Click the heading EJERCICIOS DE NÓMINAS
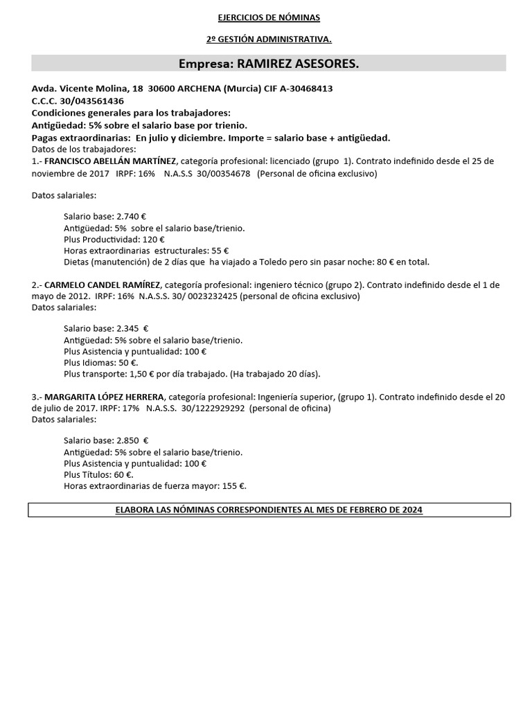point(268,17)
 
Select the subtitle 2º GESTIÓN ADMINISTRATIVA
point(268,39)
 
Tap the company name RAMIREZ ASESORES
point(298,64)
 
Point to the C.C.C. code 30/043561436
point(92,100)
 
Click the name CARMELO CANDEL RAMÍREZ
point(103,285)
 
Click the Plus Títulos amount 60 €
point(124,474)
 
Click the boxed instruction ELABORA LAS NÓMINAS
point(268,510)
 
